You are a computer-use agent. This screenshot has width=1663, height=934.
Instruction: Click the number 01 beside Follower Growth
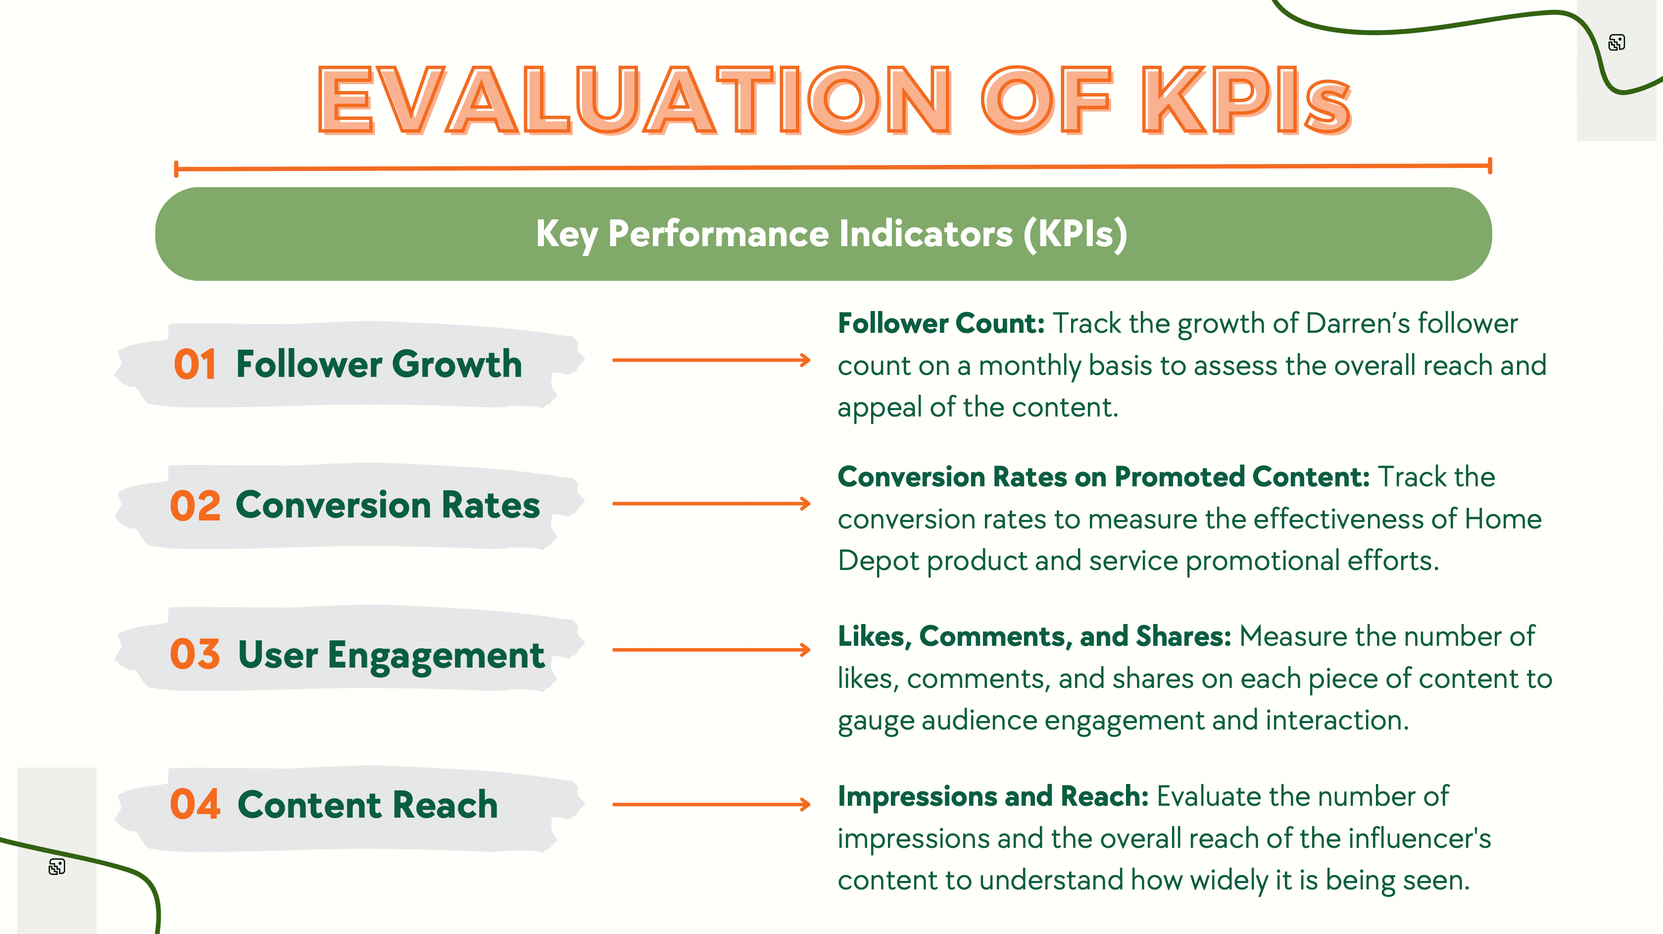pos(195,364)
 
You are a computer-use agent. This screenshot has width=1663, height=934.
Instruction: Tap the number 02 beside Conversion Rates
pos(195,505)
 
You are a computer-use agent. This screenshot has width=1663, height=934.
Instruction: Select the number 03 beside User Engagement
pos(195,654)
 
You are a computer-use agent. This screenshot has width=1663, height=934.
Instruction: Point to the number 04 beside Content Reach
pos(195,804)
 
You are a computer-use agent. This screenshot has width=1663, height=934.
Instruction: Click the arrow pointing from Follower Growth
pos(711,360)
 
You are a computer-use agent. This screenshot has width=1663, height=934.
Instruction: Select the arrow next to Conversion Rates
pos(711,503)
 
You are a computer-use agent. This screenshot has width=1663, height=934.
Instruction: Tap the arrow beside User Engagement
pos(711,649)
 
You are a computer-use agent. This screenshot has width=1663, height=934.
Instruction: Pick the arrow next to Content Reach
pos(711,804)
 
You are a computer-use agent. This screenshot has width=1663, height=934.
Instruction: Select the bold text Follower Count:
pos(940,323)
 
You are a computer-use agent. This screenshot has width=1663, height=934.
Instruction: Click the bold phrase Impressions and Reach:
pos(993,796)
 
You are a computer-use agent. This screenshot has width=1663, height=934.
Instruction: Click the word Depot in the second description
pos(878,561)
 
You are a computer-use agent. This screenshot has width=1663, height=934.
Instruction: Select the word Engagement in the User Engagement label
pos(436,655)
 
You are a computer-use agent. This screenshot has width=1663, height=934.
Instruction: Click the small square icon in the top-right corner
pos(1616,43)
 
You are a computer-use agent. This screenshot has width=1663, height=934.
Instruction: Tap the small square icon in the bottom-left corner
pos(57,866)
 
